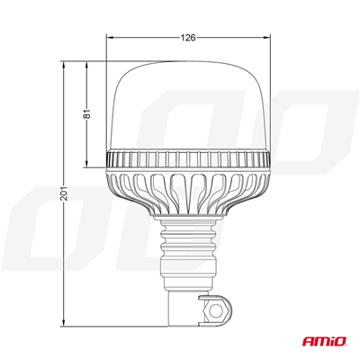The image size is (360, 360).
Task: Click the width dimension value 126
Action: pyautogui.click(x=188, y=38)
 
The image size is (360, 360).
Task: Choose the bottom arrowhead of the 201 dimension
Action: pyautogui.click(x=64, y=323)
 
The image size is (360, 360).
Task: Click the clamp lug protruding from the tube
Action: pyautogui.click(x=216, y=311)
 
